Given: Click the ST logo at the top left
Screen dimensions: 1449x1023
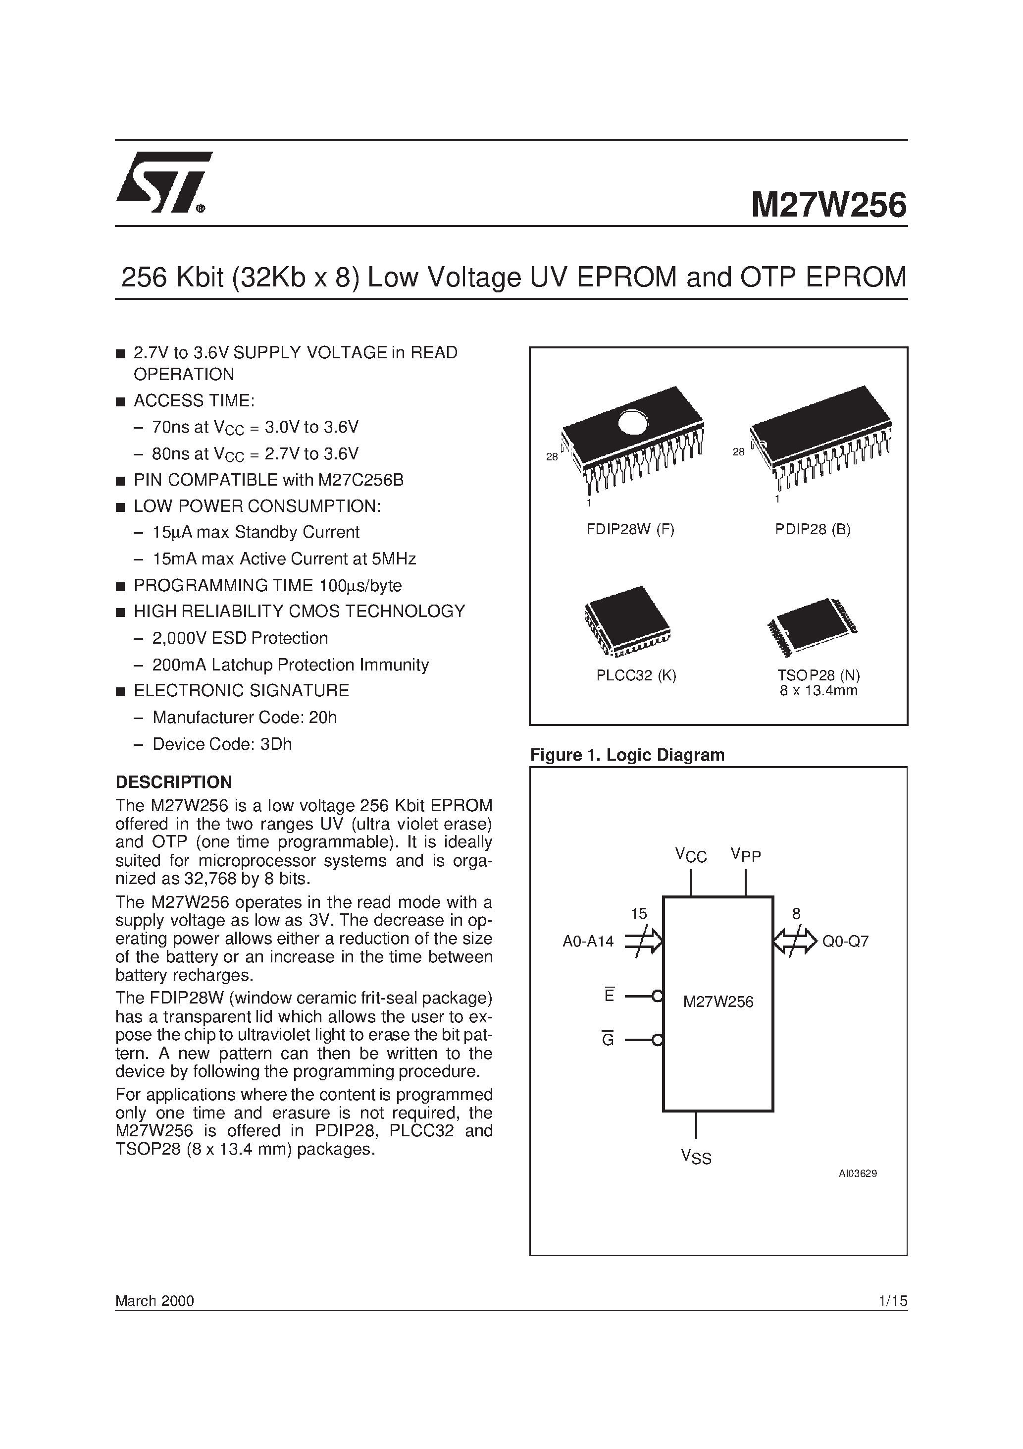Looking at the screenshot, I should tap(164, 183).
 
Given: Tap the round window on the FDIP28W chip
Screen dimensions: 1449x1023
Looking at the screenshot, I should tap(633, 422).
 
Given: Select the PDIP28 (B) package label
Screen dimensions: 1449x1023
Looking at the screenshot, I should tap(813, 529).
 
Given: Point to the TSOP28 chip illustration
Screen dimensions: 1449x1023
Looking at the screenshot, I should tap(813, 625).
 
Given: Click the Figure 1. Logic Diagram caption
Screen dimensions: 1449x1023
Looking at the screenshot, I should tap(627, 755).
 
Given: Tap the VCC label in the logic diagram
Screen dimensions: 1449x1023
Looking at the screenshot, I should tap(691, 856).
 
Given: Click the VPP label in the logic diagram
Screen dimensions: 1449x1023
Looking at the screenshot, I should tap(746, 855).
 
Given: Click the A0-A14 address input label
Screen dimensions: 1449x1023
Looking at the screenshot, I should tap(588, 942).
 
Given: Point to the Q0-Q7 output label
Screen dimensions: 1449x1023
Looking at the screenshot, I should tap(845, 942).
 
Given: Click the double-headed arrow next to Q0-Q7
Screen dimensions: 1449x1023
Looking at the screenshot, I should tap(795, 942).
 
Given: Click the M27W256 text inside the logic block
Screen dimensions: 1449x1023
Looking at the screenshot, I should tap(718, 1002).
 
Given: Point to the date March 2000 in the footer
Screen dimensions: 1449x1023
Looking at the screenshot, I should tap(154, 1301).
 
